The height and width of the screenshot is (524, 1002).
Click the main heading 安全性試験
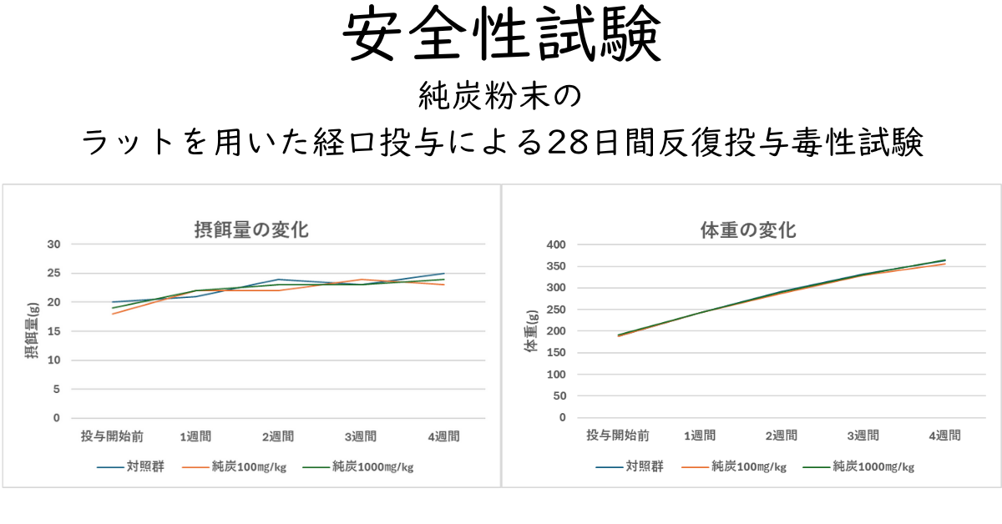tap(501, 36)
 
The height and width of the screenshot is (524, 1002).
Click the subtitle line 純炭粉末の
tap(501, 98)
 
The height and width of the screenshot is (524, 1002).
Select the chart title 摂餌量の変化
tap(251, 229)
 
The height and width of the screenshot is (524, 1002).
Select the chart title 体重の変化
tap(748, 229)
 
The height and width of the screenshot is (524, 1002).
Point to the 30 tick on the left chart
tap(54, 244)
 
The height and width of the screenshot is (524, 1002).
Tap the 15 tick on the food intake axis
tap(54, 331)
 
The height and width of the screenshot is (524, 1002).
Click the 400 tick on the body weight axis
tap(556, 244)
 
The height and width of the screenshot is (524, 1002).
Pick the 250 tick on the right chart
tap(556, 310)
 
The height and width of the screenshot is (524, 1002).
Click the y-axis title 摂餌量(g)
tap(31, 330)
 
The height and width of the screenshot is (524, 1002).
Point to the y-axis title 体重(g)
tap(530, 330)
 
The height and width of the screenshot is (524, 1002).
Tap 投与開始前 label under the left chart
tap(113, 436)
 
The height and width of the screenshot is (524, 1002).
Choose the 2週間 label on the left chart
tap(278, 436)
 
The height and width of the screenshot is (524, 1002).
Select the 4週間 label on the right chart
tap(944, 435)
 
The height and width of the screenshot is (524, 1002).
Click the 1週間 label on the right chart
tap(699, 435)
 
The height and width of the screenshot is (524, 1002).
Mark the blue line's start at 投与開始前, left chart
tap(113, 302)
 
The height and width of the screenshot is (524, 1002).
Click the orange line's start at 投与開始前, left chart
tap(113, 314)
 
